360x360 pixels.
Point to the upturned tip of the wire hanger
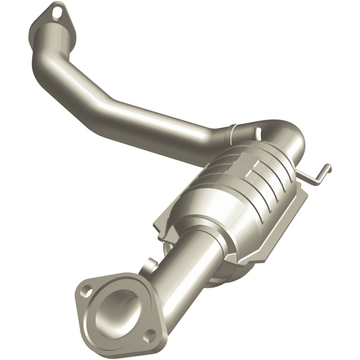pos(329,168)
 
